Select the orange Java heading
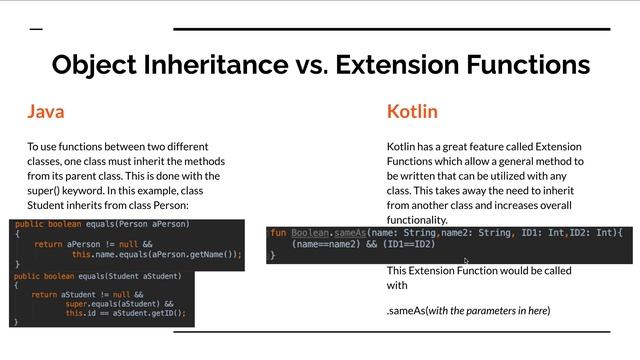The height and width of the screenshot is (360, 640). click(45, 111)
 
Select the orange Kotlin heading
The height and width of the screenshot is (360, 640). click(412, 111)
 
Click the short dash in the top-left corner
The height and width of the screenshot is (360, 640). click(36, 30)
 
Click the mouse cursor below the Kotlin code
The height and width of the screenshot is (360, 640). click(466, 261)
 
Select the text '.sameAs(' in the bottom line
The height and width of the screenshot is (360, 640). click(406, 311)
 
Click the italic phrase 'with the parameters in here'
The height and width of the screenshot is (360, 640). click(487, 311)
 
